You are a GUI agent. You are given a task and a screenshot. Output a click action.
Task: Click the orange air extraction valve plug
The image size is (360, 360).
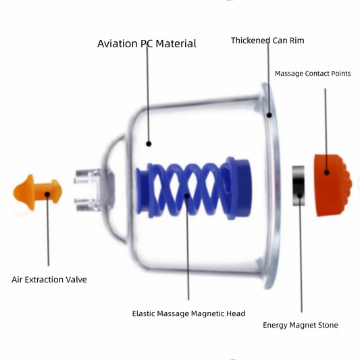[x=37, y=192]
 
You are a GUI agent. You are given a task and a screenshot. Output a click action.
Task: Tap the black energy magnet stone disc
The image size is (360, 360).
[x=299, y=186]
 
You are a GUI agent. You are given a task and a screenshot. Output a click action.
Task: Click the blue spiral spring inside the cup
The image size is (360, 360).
[x=194, y=189]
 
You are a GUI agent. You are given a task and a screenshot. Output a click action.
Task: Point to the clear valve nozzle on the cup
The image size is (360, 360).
[x=87, y=190]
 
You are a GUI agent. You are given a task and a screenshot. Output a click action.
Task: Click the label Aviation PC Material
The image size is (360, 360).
[x=147, y=44]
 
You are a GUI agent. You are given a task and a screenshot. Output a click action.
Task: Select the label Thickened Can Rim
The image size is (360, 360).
[x=267, y=41]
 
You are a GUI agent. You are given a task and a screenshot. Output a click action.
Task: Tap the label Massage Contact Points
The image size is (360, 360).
[x=313, y=74]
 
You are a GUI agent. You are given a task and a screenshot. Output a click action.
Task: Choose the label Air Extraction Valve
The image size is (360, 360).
[x=49, y=280]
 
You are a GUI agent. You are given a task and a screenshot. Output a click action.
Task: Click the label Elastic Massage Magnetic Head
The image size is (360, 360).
[x=188, y=313]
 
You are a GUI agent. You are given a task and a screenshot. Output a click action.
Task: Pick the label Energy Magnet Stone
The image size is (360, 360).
[x=301, y=325]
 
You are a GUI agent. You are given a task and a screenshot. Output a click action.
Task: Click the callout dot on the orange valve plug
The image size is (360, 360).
[x=47, y=195]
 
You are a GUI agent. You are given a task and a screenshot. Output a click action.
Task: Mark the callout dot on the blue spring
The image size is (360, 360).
[x=187, y=196]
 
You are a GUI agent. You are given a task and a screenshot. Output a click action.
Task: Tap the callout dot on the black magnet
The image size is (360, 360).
[x=300, y=195]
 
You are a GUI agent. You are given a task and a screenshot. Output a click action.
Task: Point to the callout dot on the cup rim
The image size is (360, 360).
[x=269, y=115]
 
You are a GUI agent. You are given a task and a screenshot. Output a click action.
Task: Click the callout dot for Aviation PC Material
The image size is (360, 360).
[x=149, y=144]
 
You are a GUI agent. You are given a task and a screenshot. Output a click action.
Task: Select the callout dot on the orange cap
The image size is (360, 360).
[x=327, y=172]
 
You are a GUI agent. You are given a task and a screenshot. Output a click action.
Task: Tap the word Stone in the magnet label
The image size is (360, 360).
[x=328, y=325]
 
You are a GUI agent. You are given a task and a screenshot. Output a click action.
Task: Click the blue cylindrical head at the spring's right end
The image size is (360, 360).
[x=239, y=188]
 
